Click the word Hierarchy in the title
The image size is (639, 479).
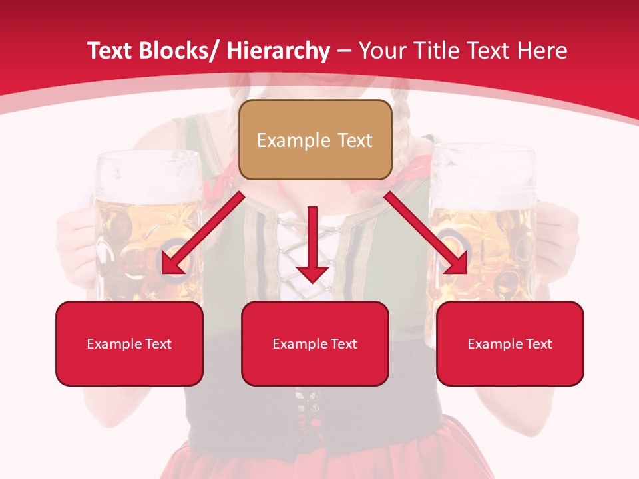278,51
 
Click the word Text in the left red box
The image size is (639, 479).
158,344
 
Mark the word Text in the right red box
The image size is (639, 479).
538,344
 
